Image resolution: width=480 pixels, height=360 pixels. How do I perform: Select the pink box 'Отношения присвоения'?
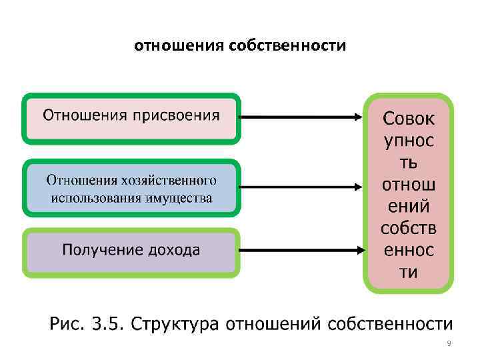click(x=131, y=117)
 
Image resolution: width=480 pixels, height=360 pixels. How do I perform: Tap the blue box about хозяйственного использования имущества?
click(x=131, y=188)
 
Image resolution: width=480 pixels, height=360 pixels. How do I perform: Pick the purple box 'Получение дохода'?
click(x=131, y=252)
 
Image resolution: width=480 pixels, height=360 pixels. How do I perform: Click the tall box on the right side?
click(x=408, y=193)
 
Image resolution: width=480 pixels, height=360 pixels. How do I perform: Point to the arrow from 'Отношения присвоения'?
click(x=301, y=117)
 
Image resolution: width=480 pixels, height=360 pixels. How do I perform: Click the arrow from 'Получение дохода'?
click(x=301, y=251)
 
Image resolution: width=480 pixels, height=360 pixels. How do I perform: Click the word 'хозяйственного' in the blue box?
click(x=176, y=181)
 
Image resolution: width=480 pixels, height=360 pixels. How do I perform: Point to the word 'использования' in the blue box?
click(x=96, y=197)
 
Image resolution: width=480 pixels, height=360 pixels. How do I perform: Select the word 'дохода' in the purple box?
click(x=175, y=251)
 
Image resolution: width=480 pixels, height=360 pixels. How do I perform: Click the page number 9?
click(x=449, y=343)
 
